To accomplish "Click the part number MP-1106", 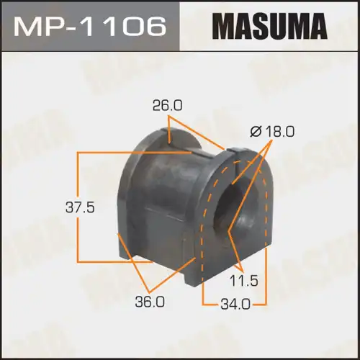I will click(x=91, y=30).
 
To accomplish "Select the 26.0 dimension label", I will click(x=167, y=105).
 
